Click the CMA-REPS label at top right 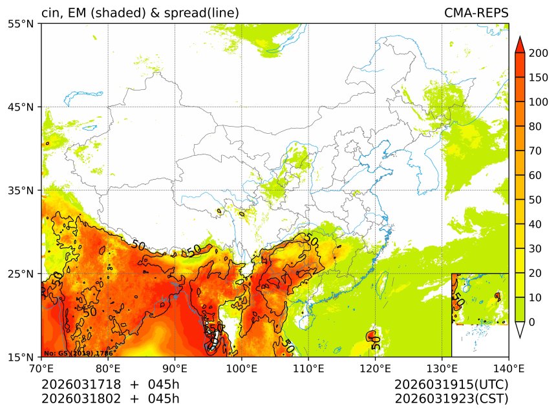click(x=476, y=13)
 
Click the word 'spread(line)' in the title click(x=202, y=13)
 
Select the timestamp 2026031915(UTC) click(x=451, y=385)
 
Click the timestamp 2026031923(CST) click(x=451, y=398)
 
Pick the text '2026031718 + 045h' click(x=111, y=385)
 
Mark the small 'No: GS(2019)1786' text click(x=78, y=354)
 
